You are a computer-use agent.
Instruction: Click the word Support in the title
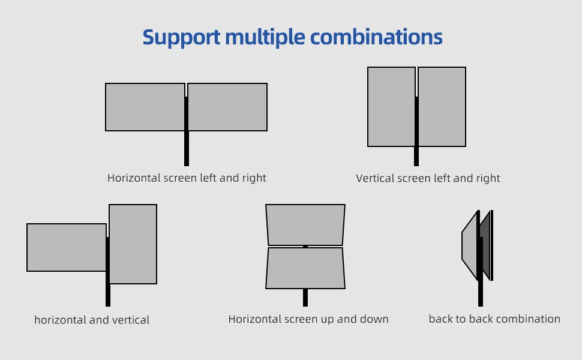[x=182, y=38]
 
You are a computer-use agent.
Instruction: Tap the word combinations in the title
[x=376, y=37]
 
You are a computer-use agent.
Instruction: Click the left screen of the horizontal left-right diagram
[x=145, y=107]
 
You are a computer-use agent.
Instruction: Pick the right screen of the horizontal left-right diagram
[x=227, y=107]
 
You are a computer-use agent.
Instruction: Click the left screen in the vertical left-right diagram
[x=392, y=107]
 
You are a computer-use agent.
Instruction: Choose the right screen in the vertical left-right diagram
[x=442, y=107]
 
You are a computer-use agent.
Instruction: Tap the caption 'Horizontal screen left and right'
[x=187, y=178]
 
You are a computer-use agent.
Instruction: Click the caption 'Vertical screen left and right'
[x=428, y=178]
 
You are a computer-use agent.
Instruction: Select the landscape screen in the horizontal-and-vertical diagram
[x=67, y=248]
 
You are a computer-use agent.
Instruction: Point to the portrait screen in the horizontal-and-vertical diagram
[x=133, y=244]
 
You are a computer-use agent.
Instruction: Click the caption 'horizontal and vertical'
[x=92, y=320]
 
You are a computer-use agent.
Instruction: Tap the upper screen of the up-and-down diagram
[x=305, y=224]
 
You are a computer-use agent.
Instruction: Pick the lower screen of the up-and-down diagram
[x=305, y=268]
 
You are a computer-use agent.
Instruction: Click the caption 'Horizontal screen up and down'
[x=308, y=319]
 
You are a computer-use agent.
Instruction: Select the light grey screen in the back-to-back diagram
[x=470, y=245]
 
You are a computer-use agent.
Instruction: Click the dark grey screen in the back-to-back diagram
[x=486, y=245]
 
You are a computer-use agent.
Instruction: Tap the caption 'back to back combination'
[x=494, y=319]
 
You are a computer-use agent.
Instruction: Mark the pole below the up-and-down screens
[x=305, y=298]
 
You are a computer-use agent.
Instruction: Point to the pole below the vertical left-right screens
[x=416, y=156]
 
